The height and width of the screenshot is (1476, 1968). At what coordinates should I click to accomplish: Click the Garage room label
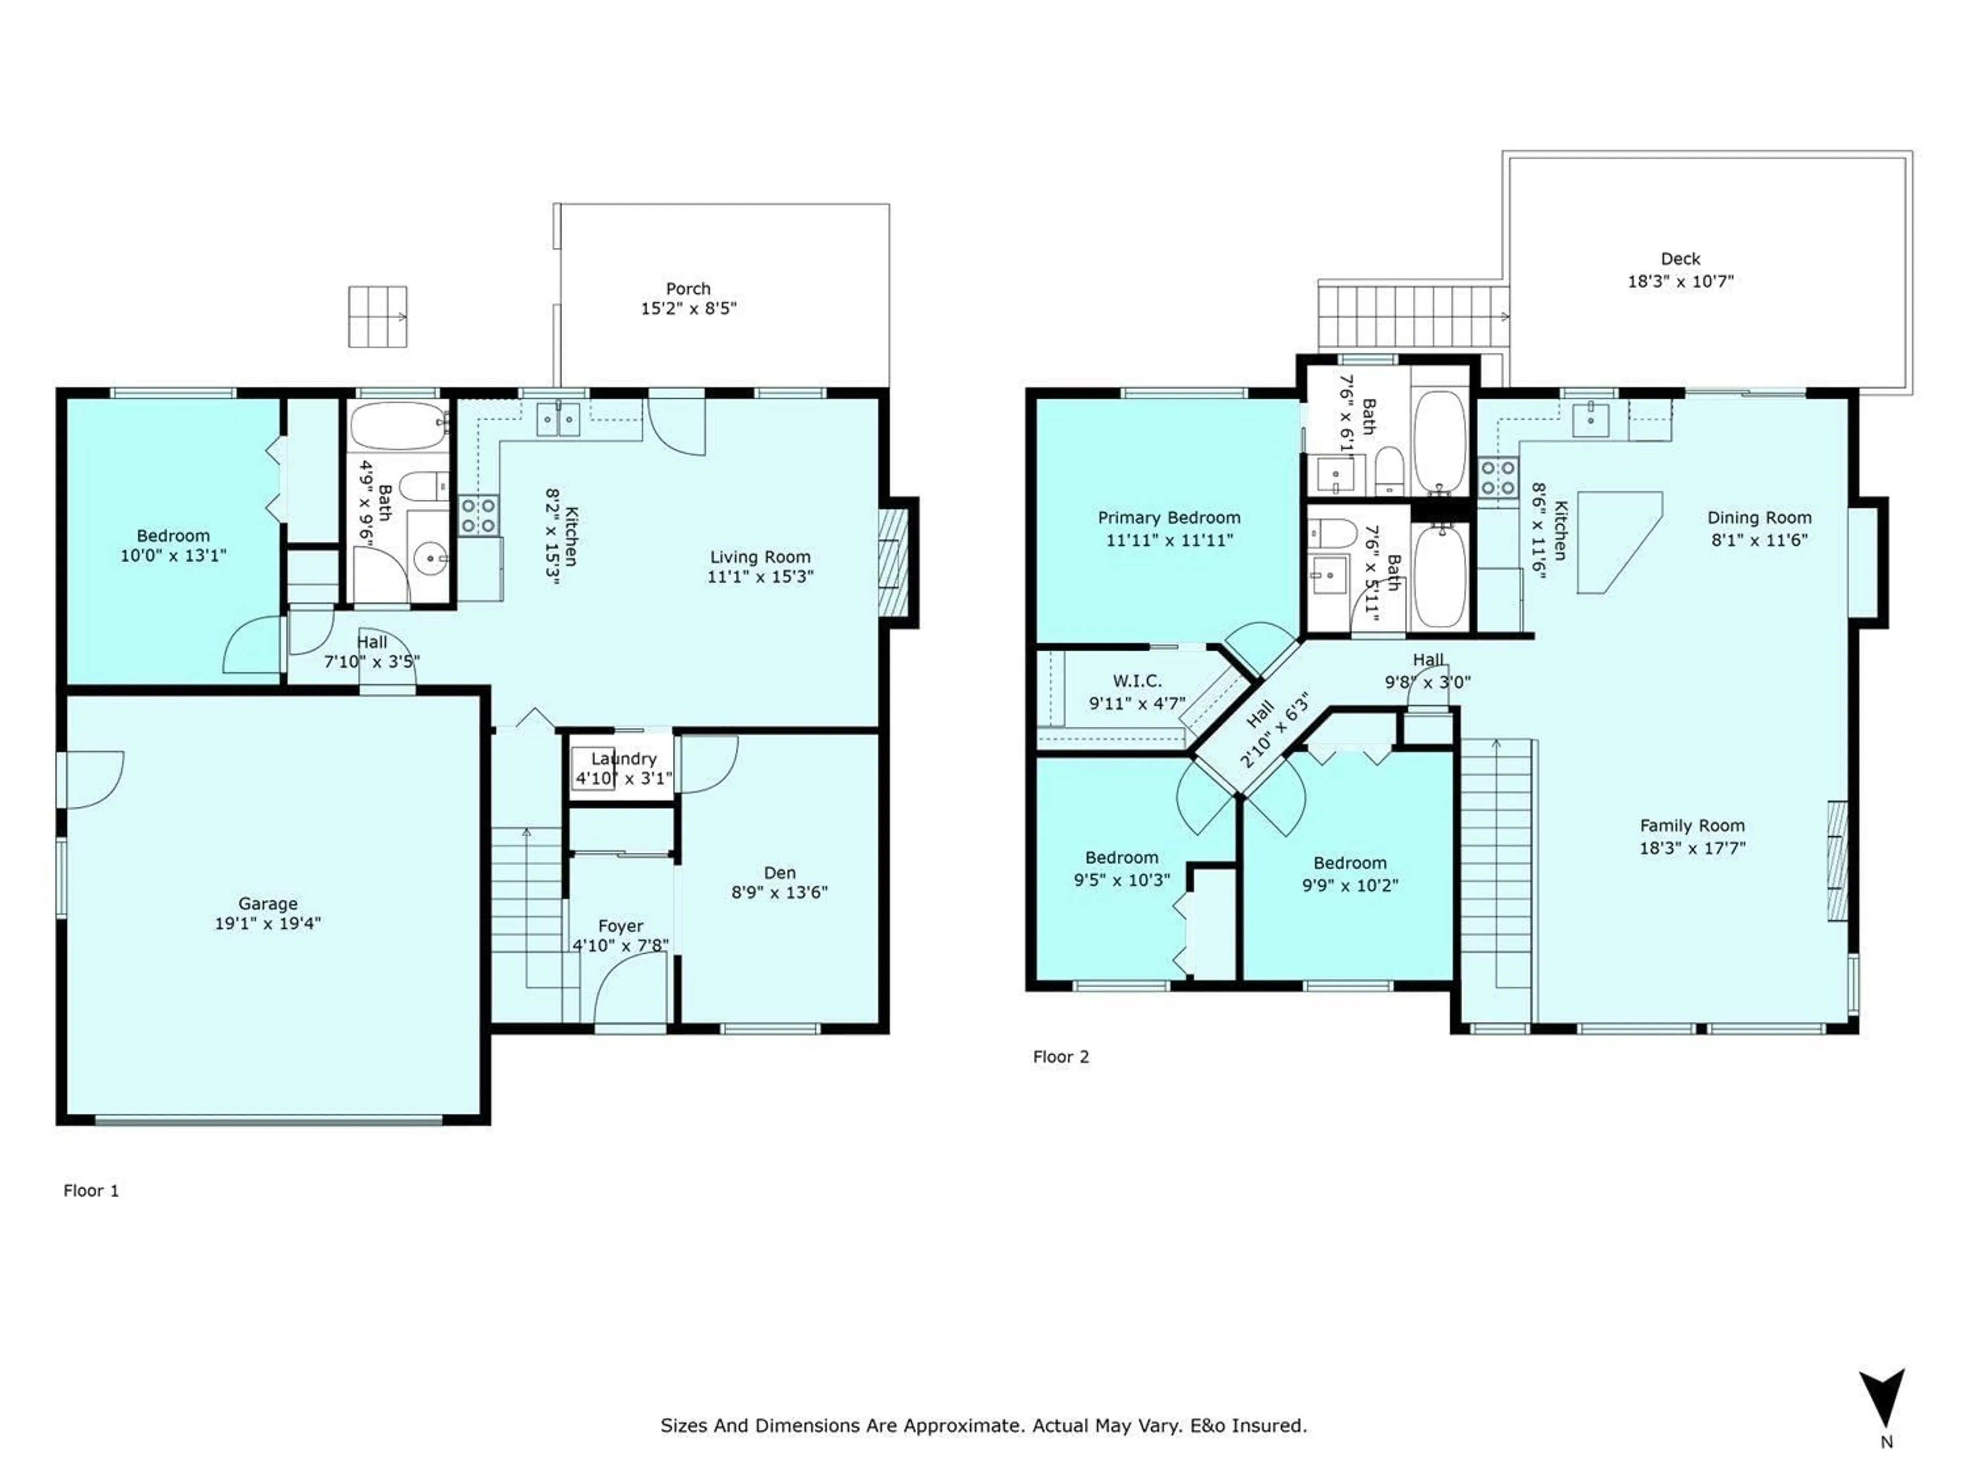pyautogui.click(x=268, y=903)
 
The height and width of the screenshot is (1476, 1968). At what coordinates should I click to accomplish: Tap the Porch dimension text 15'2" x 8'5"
pyautogui.click(x=689, y=309)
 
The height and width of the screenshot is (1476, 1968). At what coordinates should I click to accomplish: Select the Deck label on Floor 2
pyautogui.click(x=1680, y=259)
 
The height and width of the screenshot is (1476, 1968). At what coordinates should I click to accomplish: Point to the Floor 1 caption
pyautogui.click(x=91, y=1191)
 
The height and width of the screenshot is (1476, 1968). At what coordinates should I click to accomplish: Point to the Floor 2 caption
pyautogui.click(x=1060, y=1056)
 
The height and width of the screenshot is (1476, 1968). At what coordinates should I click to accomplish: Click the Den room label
pyautogui.click(x=780, y=873)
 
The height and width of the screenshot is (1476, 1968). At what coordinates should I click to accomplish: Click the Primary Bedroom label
pyautogui.click(x=1169, y=518)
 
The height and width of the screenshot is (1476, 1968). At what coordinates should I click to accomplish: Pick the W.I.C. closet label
pyautogui.click(x=1137, y=681)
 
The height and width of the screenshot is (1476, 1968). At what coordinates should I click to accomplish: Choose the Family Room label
pyautogui.click(x=1692, y=826)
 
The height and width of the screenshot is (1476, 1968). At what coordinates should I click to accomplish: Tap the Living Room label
pyautogui.click(x=761, y=557)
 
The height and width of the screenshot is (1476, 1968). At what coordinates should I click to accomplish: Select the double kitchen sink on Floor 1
pyautogui.click(x=558, y=419)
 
